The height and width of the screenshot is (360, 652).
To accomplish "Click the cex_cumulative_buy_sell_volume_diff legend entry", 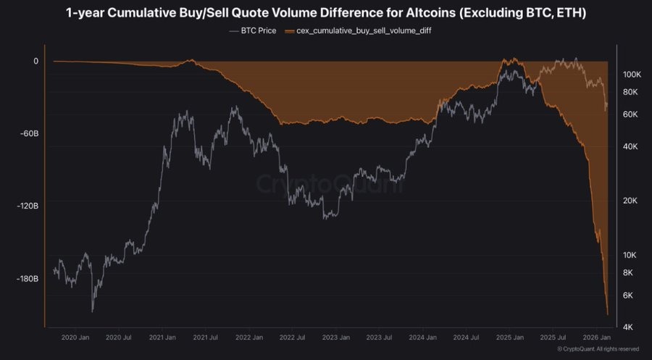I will [x=360, y=31].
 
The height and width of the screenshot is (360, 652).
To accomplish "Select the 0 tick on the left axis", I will [x=35, y=61].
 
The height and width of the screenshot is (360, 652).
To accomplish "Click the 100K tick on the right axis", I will [x=633, y=75].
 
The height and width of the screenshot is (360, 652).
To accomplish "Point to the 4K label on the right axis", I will [x=629, y=327].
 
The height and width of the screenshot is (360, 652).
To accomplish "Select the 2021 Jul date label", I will [x=206, y=338].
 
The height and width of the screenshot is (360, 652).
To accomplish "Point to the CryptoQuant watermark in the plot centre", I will [x=330, y=184].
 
